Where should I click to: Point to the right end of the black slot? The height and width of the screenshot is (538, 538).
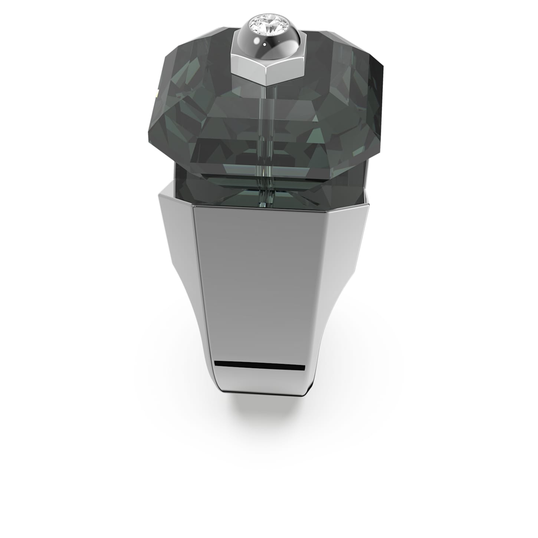click(304, 368)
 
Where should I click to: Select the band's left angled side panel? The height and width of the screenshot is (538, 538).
click(178, 260)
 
